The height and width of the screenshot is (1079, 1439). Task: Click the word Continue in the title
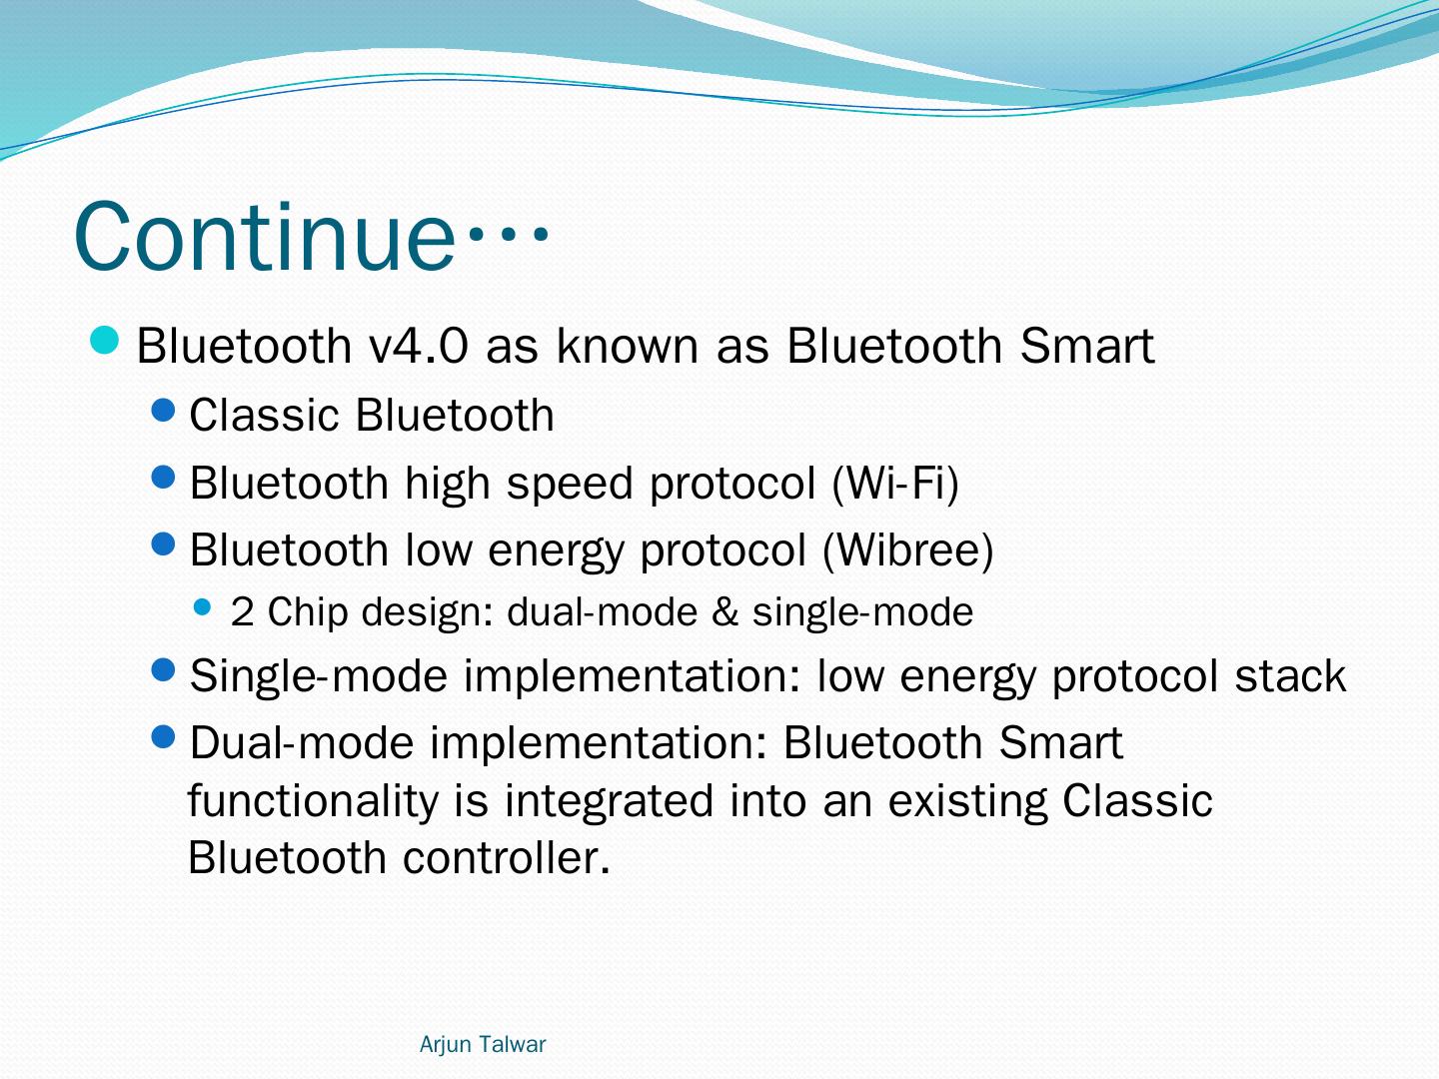[x=264, y=236]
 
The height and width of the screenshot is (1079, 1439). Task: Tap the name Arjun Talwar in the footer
[x=482, y=1044]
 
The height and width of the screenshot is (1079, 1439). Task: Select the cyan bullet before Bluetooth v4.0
[x=104, y=340]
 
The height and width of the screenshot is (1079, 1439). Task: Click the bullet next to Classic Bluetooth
[x=163, y=411]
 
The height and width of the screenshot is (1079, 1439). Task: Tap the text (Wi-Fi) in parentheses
[x=894, y=483]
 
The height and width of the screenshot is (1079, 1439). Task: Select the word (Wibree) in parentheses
[x=908, y=549]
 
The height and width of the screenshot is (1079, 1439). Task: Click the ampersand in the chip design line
[x=724, y=611]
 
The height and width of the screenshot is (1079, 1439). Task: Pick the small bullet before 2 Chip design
[x=203, y=607]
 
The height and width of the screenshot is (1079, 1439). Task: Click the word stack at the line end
[x=1290, y=675]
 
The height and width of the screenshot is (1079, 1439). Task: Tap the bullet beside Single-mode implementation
[x=163, y=669]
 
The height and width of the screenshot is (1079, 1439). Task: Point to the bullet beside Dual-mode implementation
[x=163, y=737]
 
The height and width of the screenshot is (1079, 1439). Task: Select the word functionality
[x=314, y=802]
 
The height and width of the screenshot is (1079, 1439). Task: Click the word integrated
[x=609, y=802]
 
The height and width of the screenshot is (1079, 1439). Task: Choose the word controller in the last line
[x=506, y=857]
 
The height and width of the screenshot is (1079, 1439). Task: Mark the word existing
[x=967, y=802]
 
